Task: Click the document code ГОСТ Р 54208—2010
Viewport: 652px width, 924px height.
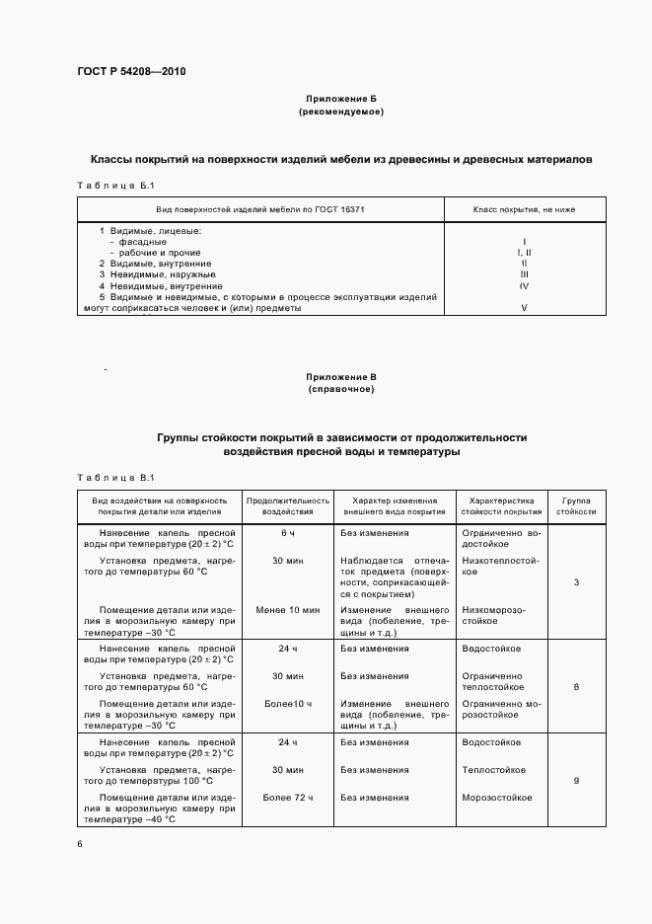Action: tap(130, 72)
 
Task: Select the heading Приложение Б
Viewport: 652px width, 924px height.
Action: tap(340, 100)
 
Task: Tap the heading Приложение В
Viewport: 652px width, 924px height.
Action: tap(340, 377)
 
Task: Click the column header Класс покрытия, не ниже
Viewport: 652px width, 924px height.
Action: tap(524, 209)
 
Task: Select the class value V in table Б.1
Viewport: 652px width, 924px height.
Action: tap(524, 308)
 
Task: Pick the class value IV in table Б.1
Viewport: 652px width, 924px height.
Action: tap(524, 285)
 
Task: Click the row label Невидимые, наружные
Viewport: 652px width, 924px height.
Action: tap(157, 274)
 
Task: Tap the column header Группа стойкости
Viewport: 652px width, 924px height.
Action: tap(576, 505)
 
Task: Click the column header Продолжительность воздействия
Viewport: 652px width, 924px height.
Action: tap(288, 505)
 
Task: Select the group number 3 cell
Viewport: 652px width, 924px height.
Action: tap(576, 582)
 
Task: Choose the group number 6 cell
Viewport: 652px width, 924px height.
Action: tap(576, 686)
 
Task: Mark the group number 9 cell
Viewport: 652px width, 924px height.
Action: tap(576, 781)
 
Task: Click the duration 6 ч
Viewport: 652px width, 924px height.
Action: tap(288, 533)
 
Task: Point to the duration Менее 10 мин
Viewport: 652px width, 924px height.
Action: tap(288, 611)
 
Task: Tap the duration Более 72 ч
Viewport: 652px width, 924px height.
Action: tap(288, 797)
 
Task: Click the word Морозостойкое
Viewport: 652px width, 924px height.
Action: tap(497, 797)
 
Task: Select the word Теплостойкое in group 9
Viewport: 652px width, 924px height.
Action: tap(493, 770)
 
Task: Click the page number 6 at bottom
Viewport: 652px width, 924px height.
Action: tap(80, 844)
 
